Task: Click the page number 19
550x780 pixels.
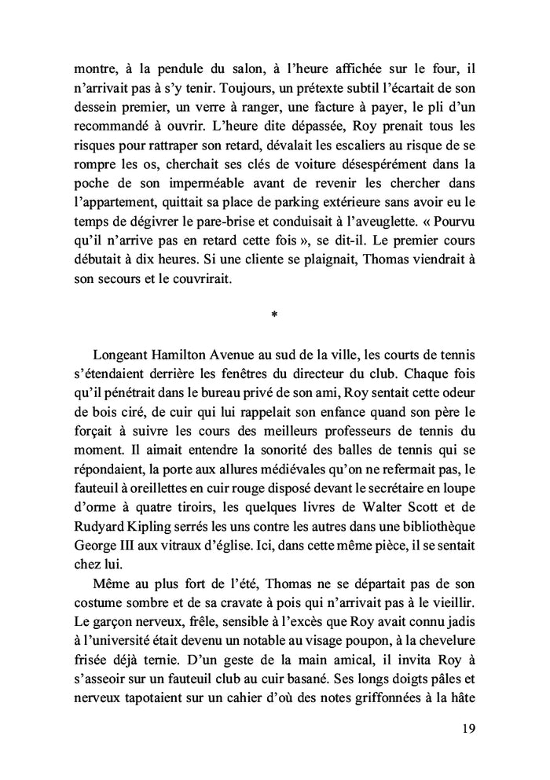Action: (x=467, y=728)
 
